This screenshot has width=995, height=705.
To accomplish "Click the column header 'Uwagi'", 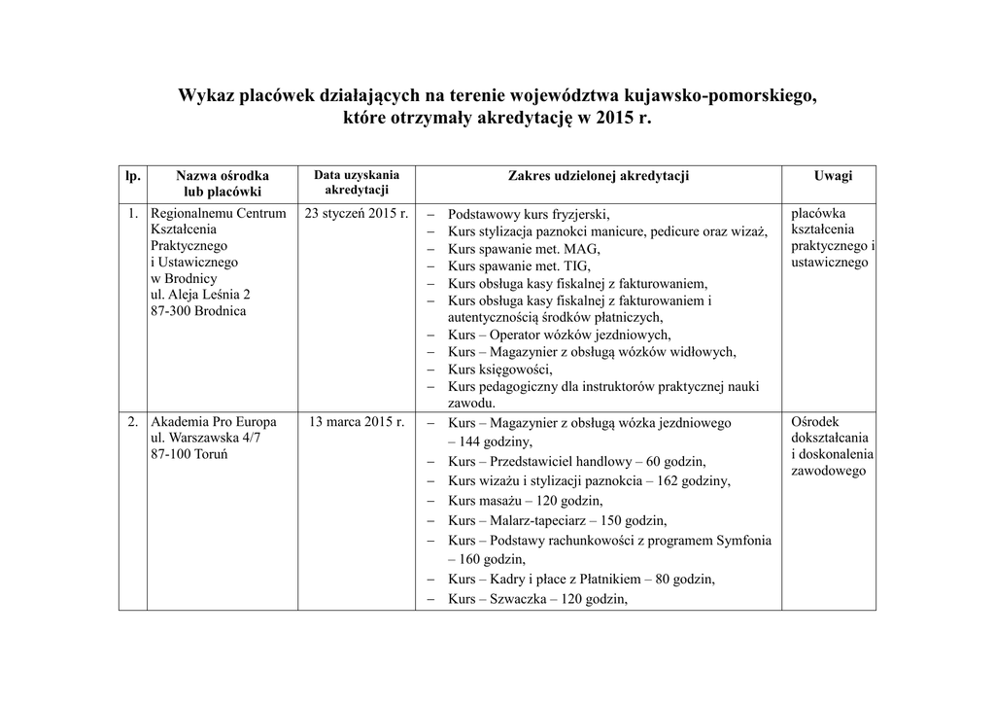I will [x=833, y=176].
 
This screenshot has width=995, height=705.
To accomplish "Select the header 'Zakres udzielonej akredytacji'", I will [x=599, y=176].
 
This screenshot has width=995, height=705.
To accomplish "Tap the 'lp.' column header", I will [x=133, y=176].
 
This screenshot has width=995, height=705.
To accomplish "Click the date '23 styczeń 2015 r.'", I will [x=357, y=213].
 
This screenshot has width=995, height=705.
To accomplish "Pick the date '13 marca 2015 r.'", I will [x=357, y=422].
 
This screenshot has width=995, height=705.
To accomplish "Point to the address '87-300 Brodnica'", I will [x=199, y=311].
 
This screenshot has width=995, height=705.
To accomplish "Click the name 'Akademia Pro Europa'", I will [x=214, y=422].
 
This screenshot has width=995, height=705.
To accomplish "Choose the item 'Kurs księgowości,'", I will [x=500, y=370].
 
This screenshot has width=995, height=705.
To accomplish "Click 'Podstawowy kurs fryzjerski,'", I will [x=529, y=214].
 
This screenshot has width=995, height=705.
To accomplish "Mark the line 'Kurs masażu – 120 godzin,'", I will [x=526, y=501].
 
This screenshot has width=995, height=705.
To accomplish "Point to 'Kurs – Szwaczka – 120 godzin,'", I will [x=538, y=599].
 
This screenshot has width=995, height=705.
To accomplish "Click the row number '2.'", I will [x=133, y=422].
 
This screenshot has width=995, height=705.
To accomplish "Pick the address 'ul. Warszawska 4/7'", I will [x=206, y=439].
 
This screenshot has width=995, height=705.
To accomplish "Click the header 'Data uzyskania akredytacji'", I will [x=357, y=182].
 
